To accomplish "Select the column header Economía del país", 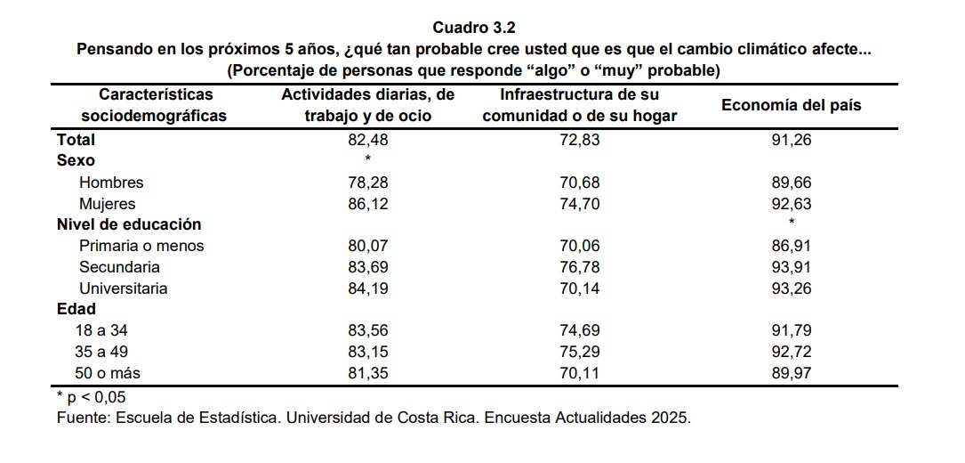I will pyautogui.click(x=791, y=105).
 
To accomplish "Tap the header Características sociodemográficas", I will pyautogui.click(x=155, y=105).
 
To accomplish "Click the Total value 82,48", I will pyautogui.click(x=367, y=140).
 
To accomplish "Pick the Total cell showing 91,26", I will pyautogui.click(x=791, y=140).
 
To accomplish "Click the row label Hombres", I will pyautogui.click(x=111, y=183).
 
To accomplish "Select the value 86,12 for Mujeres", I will pyautogui.click(x=367, y=204).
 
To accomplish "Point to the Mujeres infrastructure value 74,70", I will pyautogui.click(x=580, y=204).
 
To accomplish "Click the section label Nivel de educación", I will pyautogui.click(x=129, y=224).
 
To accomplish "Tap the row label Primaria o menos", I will pyautogui.click(x=141, y=246).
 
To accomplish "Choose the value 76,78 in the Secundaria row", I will pyautogui.click(x=580, y=267).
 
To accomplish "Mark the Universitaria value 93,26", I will pyautogui.click(x=791, y=288).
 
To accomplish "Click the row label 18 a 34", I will pyautogui.click(x=101, y=330).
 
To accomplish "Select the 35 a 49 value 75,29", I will pyautogui.click(x=580, y=352).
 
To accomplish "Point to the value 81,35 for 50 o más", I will pyautogui.click(x=367, y=373).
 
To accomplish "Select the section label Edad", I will pyautogui.click(x=76, y=310).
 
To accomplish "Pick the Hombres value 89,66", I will pyautogui.click(x=791, y=183).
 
